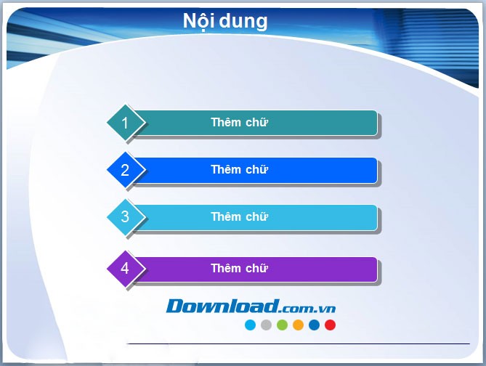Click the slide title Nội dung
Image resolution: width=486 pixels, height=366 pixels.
(225, 20)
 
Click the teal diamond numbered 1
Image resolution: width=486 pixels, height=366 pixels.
(125, 123)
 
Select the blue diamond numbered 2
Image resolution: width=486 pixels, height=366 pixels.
(125, 170)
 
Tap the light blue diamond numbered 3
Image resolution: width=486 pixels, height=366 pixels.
(125, 216)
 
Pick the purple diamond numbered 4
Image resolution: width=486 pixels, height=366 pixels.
(125, 268)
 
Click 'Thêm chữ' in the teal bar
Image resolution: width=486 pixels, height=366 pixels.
(240, 122)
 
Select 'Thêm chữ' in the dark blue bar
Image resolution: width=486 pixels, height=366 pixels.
(240, 169)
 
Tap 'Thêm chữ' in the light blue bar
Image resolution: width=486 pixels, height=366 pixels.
(240, 216)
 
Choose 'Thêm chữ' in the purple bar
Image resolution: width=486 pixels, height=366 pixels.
(240, 268)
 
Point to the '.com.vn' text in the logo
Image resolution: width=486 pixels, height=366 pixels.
(308, 308)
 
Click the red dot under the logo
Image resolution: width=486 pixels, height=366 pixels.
(330, 325)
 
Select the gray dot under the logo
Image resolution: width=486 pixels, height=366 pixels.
(266, 325)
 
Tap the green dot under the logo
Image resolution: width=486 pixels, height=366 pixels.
(282, 325)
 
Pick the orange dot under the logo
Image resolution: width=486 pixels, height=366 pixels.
(298, 325)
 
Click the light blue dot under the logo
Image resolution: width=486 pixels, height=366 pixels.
(250, 325)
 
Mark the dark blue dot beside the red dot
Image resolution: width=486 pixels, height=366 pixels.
(314, 325)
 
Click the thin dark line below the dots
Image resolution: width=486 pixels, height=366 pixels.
(298, 343)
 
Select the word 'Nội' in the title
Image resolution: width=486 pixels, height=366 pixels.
(198, 20)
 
